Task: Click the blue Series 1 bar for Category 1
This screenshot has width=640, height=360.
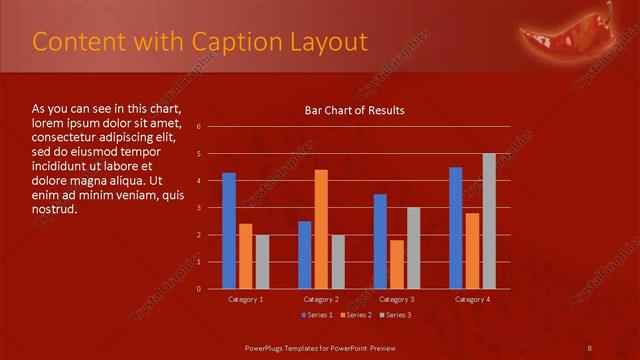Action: point(229,231)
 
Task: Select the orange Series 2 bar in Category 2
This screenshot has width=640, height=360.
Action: point(321,229)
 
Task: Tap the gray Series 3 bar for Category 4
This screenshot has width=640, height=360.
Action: point(489,221)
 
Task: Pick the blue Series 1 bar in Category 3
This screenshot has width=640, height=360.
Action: point(380,241)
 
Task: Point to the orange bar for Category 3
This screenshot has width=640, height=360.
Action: point(397,264)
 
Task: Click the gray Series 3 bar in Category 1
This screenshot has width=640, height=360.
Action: point(262,262)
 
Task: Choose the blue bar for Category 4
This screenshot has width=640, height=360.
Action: point(456,228)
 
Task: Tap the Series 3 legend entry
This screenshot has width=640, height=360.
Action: point(395,315)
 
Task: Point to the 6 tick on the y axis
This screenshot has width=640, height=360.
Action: point(199,127)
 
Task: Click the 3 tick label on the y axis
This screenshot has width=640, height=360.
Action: point(199,208)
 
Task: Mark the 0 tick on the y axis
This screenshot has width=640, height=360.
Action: point(199,289)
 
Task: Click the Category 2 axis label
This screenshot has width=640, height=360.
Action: point(321,299)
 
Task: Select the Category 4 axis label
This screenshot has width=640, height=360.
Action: point(472,299)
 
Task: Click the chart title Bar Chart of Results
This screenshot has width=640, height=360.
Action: point(355,110)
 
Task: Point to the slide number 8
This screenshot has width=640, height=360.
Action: point(590,347)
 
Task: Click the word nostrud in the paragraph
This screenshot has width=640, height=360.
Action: point(54,211)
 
